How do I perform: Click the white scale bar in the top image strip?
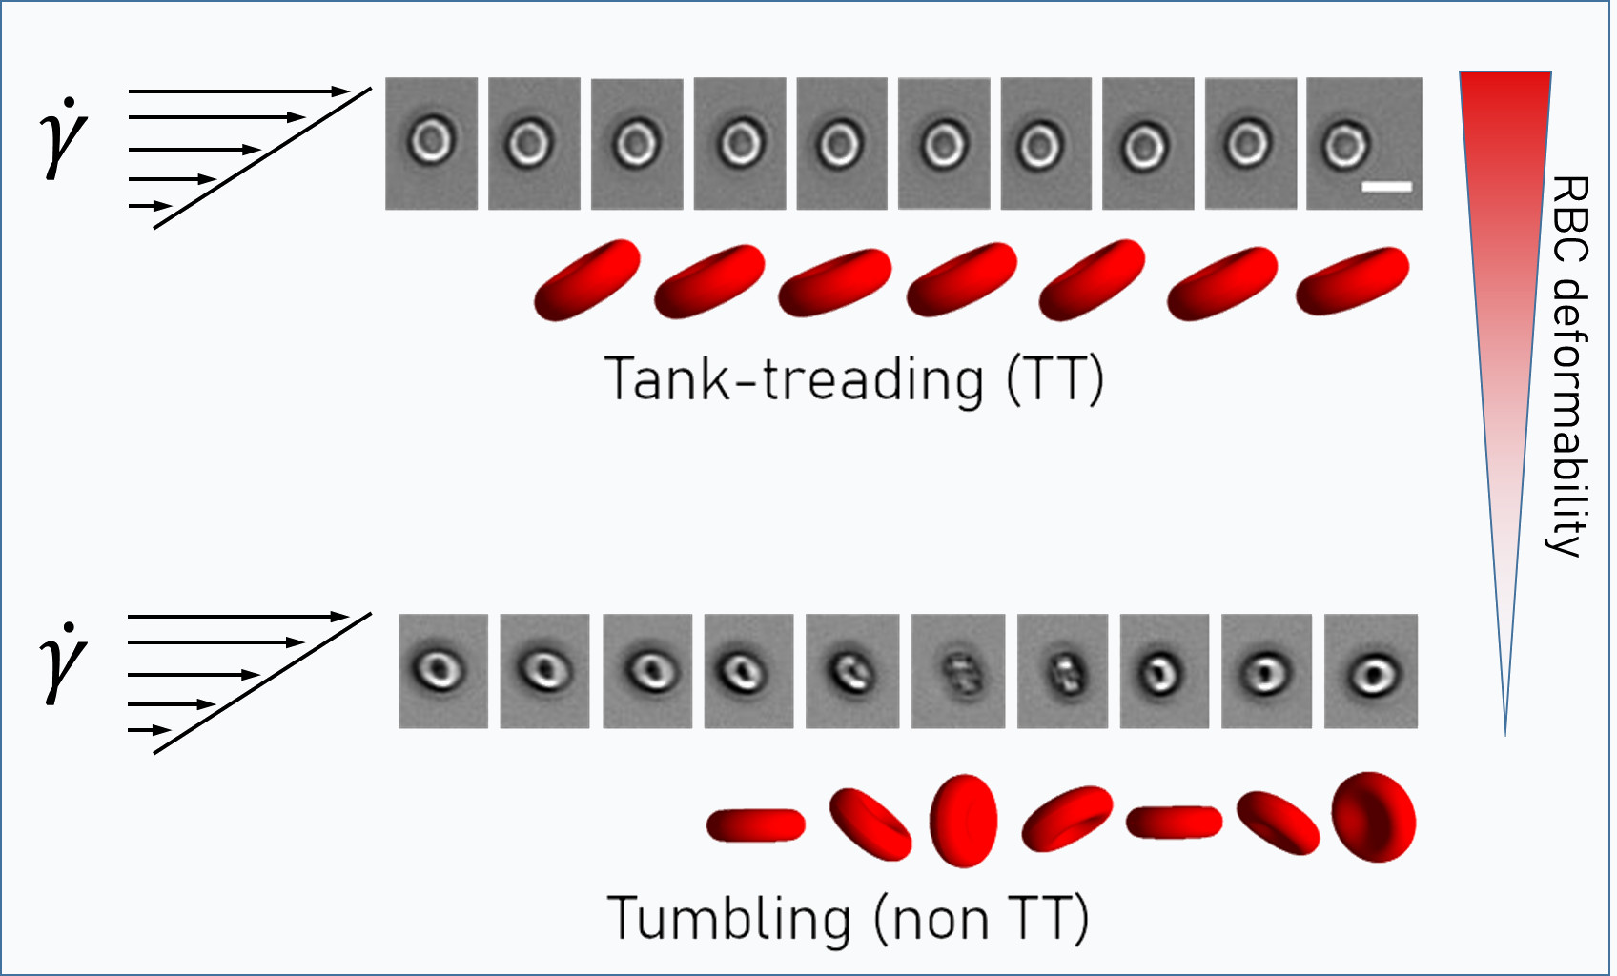coord(1386,187)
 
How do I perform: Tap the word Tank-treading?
coord(794,379)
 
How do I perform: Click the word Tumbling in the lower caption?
coord(729,918)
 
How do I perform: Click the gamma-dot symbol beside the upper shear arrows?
coord(64,137)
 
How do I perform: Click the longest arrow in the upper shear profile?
coord(239,91)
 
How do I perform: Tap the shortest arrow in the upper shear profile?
coord(150,207)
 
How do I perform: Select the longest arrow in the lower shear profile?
coord(239,617)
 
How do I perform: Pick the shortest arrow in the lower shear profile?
coord(150,730)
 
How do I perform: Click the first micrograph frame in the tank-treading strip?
coord(432,144)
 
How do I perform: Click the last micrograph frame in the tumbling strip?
coord(1371,671)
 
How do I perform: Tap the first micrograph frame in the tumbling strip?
coord(443,671)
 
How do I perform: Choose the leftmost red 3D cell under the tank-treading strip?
coord(587,280)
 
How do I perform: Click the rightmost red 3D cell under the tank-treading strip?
coord(1353,281)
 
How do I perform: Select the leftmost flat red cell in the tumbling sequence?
coord(756,825)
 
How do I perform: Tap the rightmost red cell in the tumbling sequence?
coord(1374,817)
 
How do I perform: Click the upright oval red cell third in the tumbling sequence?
coord(964,821)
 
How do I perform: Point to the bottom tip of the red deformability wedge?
coord(1505,736)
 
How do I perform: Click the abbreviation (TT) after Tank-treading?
coord(1055,380)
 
